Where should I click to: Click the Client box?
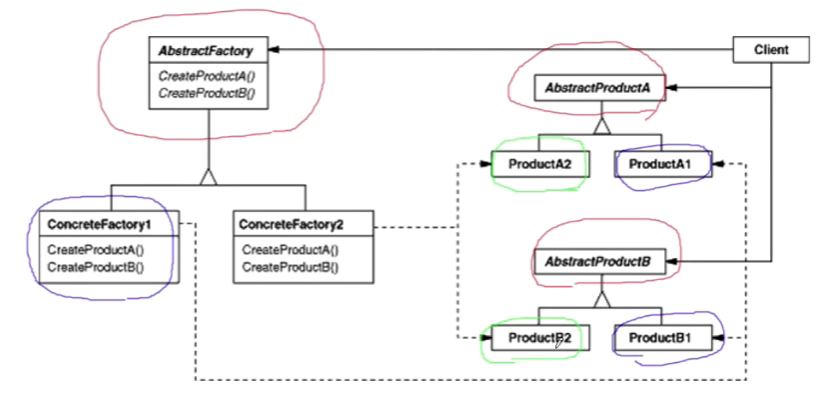tap(772, 50)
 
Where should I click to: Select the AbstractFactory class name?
tap(208, 51)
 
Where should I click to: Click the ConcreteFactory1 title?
tap(99, 224)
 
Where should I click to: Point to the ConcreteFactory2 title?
tap(291, 224)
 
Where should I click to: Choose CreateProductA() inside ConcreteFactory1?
tap(96, 250)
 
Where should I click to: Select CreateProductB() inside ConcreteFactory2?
tap(290, 267)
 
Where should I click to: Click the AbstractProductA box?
tap(600, 88)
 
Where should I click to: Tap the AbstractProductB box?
tap(600, 261)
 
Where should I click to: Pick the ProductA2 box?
tap(540, 164)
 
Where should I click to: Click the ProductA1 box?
tap(663, 164)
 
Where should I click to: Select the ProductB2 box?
tap(540, 338)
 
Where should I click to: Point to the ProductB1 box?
tap(663, 338)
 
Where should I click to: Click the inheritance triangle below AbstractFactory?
tap(209, 177)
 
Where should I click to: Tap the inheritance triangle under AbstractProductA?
tap(601, 126)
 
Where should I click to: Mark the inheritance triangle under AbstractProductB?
tap(601, 299)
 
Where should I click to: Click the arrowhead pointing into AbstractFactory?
tap(275, 50)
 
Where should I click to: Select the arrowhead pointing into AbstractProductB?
tap(672, 261)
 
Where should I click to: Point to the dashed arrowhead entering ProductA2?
tap(485, 164)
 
